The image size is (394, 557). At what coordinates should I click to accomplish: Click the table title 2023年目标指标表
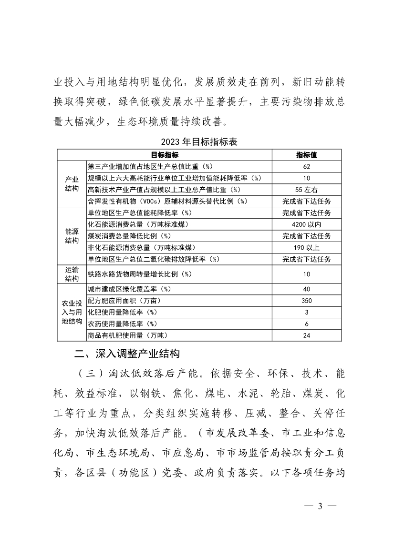199,142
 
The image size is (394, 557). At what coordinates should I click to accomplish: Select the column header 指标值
307,155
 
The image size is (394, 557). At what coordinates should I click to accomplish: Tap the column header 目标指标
165,155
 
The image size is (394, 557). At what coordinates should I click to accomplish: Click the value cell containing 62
307,166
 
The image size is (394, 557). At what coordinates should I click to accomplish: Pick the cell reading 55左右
307,189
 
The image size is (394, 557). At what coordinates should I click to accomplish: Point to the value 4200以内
307,224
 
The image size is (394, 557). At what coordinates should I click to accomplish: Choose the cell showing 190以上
307,247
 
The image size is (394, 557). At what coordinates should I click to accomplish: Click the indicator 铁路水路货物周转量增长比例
140,274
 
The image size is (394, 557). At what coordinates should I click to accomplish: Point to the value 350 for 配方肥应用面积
307,301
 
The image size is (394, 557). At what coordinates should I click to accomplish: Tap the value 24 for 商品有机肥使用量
307,335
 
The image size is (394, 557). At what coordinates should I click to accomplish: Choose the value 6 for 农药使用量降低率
307,324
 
